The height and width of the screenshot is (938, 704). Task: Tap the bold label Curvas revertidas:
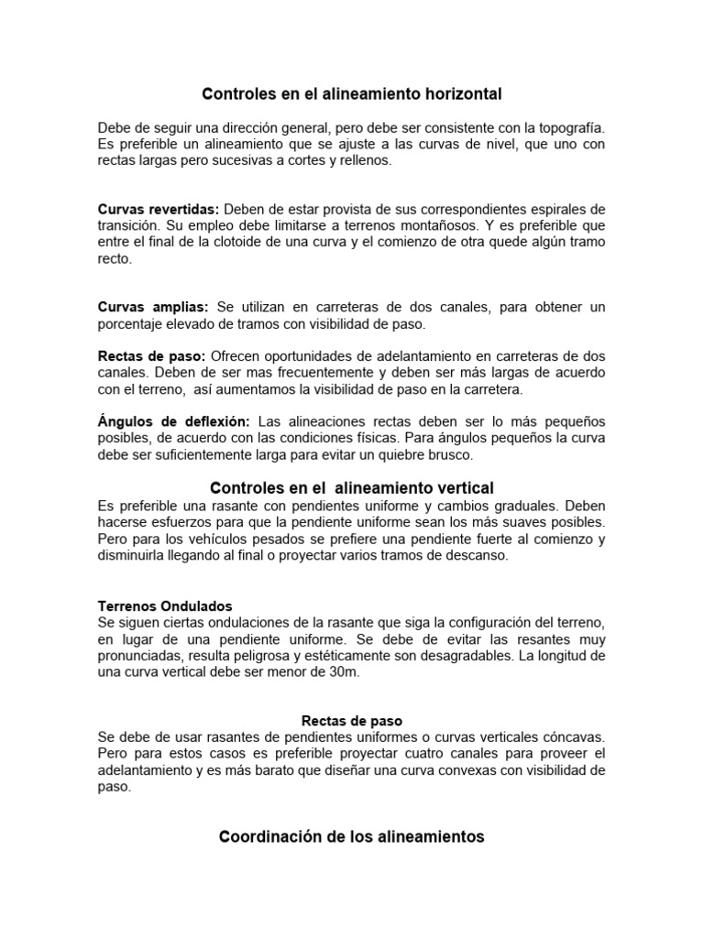[159, 209]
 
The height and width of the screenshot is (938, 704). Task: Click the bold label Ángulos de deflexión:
[173, 421]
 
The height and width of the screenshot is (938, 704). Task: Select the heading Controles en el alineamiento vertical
[352, 488]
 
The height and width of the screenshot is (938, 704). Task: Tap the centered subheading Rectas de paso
[352, 721]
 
